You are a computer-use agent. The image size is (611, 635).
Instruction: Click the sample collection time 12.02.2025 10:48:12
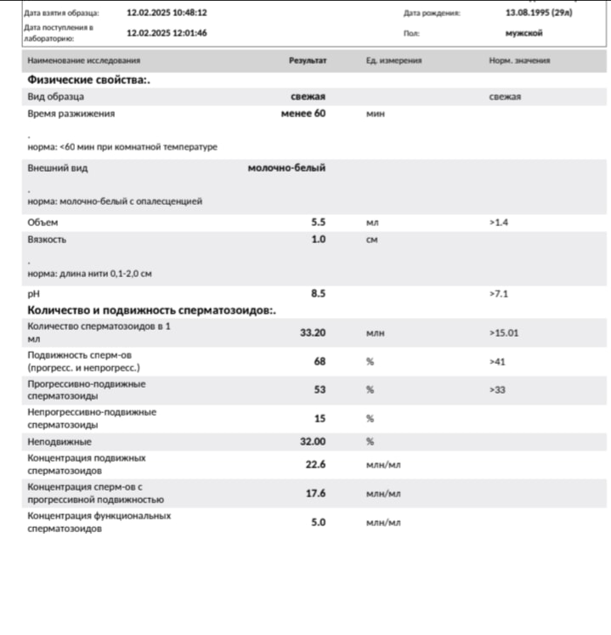click(x=167, y=14)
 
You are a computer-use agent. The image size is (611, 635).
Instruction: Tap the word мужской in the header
click(x=523, y=33)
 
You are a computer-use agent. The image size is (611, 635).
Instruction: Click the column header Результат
click(x=308, y=61)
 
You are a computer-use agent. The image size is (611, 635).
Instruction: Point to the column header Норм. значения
click(x=519, y=61)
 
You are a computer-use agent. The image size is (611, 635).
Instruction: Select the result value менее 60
click(x=303, y=113)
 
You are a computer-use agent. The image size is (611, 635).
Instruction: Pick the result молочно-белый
click(x=286, y=167)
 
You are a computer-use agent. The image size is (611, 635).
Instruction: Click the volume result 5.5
click(x=319, y=222)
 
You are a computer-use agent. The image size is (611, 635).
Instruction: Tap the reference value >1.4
click(x=498, y=222)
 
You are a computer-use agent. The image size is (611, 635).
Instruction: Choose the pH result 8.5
click(x=319, y=293)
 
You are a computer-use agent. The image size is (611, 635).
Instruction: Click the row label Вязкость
click(x=47, y=240)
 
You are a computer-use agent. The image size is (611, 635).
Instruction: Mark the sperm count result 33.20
click(x=313, y=333)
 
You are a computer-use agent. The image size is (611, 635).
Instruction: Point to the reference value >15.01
click(x=504, y=333)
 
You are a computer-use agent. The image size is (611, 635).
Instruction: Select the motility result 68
click(x=320, y=361)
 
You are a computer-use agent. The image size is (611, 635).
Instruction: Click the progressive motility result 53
click(x=320, y=389)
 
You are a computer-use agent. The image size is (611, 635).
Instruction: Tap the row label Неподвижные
click(x=59, y=442)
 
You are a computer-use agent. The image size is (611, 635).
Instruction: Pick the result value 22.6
click(x=316, y=464)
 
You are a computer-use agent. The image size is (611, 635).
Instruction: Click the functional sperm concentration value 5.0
click(x=319, y=522)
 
